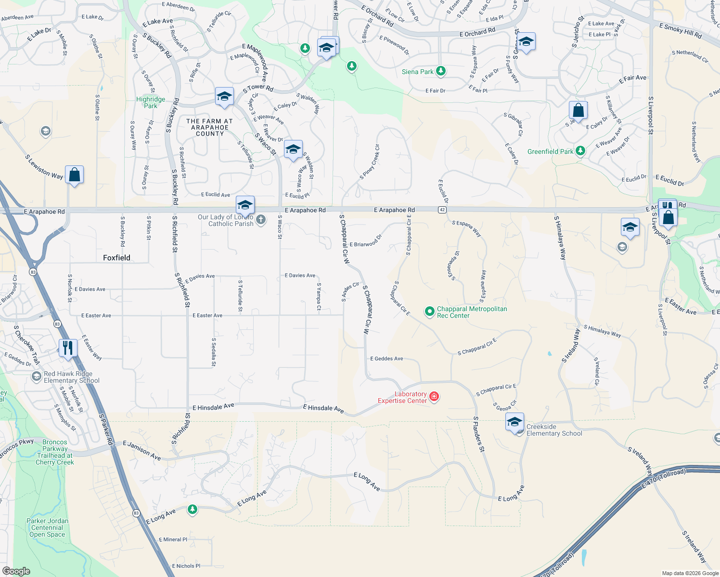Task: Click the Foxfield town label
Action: [116, 258]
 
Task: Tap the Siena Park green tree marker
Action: [440, 72]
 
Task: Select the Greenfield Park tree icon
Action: [580, 151]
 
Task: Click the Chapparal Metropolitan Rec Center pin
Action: [429, 312]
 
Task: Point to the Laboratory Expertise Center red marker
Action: [434, 396]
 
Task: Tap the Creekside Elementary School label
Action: [554, 430]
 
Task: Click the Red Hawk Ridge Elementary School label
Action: [71, 377]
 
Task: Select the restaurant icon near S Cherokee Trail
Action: [68, 347]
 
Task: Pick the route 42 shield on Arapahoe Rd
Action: [442, 210]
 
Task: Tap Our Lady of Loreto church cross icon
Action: [260, 220]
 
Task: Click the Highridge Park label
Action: [151, 102]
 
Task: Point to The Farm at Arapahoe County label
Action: [209, 127]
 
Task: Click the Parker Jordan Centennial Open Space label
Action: [47, 527]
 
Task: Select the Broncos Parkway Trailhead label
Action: [55, 452]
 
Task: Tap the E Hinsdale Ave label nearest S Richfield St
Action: [213, 407]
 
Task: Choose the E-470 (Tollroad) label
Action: [663, 480]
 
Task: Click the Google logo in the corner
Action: [16, 571]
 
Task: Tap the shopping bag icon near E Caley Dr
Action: [578, 110]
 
